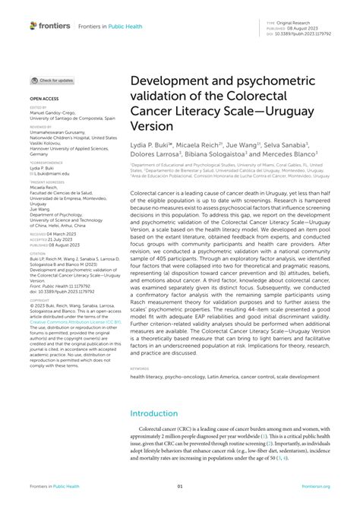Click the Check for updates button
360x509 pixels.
[x=52, y=80]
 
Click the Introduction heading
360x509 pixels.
[x=158, y=414]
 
